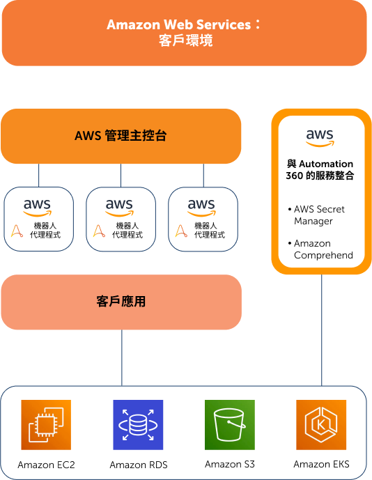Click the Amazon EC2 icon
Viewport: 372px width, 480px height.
46,424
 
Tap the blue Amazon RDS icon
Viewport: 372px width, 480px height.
138,424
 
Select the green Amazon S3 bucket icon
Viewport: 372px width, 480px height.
230,424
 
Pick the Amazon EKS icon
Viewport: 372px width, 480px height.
321,424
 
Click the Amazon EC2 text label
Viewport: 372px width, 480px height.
46,465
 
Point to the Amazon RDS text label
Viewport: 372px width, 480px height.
139,465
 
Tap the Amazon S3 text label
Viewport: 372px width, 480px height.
230,464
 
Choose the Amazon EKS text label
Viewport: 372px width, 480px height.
321,464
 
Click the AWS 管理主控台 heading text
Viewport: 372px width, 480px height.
121,136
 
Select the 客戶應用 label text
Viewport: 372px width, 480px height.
121,302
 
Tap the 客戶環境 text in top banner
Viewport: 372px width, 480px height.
185,40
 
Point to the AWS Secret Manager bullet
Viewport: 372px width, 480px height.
316,215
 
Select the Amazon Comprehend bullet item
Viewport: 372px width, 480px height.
320,249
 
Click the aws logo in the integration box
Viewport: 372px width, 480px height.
320,138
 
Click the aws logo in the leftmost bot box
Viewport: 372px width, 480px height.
38,208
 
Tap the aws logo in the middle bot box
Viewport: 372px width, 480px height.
119,208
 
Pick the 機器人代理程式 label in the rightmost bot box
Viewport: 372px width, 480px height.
210,230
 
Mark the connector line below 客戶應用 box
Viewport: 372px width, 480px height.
121,357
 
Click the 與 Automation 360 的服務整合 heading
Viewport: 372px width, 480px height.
320,169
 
